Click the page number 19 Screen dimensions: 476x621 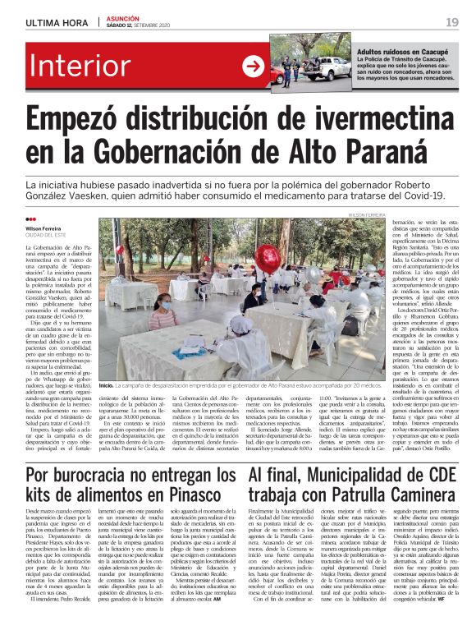[x=451, y=22]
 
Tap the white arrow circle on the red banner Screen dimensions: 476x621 [x=251, y=68]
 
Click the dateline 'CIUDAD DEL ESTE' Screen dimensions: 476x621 [x=47, y=236]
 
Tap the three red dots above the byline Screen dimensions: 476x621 [x=31, y=219]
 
